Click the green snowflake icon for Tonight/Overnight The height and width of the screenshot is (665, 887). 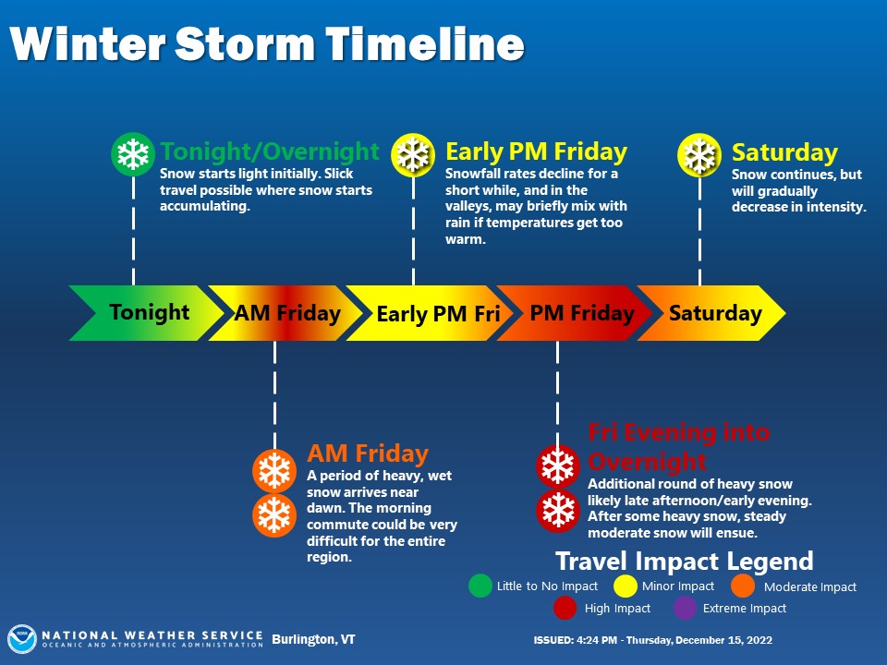pos(133,154)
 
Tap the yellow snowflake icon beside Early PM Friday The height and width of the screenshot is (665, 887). pos(413,154)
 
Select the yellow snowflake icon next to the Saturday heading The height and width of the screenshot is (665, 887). pos(699,154)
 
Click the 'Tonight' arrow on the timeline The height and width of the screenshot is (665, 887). pos(147,313)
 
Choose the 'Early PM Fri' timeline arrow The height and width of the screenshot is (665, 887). pos(430,313)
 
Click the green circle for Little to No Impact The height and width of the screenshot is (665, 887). pos(480,586)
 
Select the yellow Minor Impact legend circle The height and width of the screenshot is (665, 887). pos(626,586)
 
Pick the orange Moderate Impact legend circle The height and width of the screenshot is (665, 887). pos(743,586)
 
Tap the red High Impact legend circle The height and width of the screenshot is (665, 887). pos(565,609)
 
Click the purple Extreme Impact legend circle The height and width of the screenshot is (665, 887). pos(685,609)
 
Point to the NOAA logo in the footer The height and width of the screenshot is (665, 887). pos(22,639)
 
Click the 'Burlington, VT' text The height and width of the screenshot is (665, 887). pos(313,639)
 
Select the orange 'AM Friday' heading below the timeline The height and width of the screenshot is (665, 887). pos(368,453)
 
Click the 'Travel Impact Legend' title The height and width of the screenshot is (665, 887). pos(685,562)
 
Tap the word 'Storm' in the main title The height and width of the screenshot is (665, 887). pos(245,44)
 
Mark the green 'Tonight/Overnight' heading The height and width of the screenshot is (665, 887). pos(269,151)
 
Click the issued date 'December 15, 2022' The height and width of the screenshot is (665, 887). pos(723,640)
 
